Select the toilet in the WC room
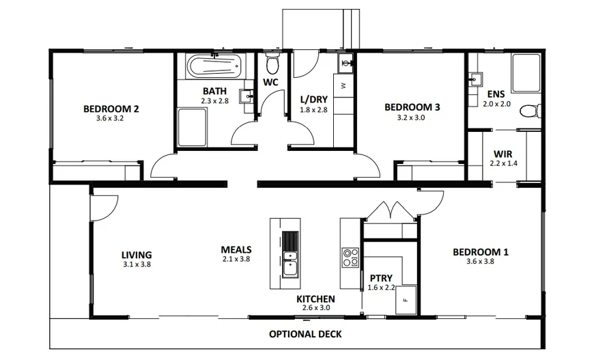point(272,66)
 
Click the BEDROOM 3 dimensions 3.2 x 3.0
point(411,117)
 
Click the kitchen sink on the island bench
point(291,264)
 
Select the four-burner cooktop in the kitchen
point(351,258)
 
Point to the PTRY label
point(380,278)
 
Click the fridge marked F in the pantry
point(406,299)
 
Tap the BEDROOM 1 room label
point(481,252)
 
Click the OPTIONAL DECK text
point(305,334)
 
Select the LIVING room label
point(137,255)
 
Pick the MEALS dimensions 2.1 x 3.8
point(236,260)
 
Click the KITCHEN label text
point(315,299)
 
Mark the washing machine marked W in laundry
point(343,85)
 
